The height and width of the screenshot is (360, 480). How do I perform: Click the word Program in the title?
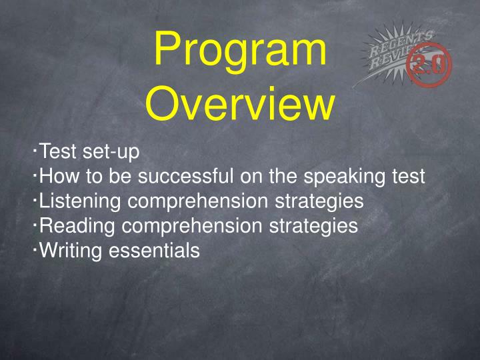(240, 51)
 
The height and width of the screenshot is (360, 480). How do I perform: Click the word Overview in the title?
(240, 103)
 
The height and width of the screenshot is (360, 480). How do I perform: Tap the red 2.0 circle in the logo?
(429, 65)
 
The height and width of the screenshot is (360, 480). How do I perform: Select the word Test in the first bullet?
(58, 151)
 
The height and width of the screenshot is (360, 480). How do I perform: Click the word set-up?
(111, 152)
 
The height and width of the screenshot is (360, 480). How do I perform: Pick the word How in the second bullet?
(59, 176)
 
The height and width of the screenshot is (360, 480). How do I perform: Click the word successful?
(185, 176)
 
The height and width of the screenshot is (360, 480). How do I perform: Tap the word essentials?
(154, 251)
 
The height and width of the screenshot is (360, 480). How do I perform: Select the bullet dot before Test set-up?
(35, 150)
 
